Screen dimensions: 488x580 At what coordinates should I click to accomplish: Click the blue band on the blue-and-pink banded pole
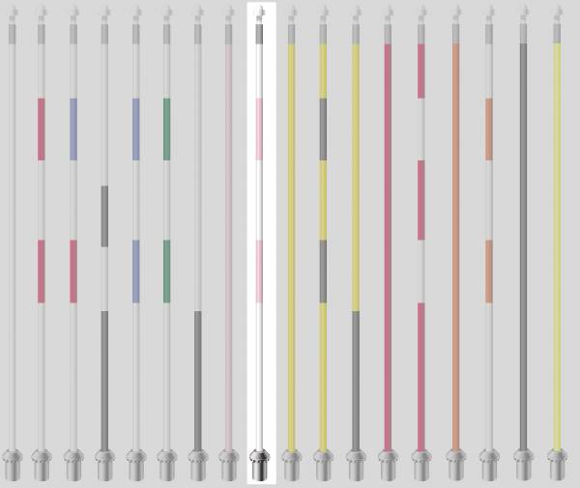point(73,129)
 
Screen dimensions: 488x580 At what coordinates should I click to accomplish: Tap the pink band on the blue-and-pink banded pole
point(73,271)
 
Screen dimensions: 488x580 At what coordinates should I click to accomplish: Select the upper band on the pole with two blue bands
point(135,129)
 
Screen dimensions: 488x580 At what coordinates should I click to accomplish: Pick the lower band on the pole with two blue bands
point(135,271)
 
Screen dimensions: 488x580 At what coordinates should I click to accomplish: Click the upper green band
point(166,129)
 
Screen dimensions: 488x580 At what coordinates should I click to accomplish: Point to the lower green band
point(166,271)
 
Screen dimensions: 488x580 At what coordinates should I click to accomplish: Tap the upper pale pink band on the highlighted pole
point(259,129)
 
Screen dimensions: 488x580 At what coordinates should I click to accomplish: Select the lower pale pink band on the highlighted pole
point(259,271)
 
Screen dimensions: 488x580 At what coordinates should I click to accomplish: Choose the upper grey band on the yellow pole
point(323,129)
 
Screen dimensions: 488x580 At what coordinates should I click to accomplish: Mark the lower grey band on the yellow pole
point(323,271)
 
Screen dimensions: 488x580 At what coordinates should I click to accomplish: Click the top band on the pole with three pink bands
point(421,71)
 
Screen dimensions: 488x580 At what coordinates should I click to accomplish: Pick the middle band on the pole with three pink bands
point(421,200)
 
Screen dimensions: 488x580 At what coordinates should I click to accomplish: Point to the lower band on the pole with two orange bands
point(489,271)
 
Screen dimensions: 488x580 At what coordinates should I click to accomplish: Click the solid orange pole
point(455,242)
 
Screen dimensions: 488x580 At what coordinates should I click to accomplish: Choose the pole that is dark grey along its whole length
point(523,242)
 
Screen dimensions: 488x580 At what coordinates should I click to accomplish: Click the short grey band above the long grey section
point(104,215)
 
